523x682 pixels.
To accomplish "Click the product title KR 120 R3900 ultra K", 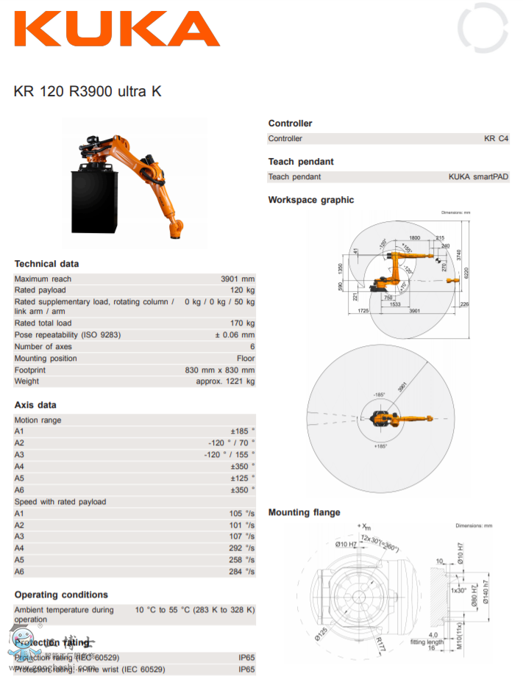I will pos(88,92).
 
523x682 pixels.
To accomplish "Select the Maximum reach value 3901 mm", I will pos(237,279).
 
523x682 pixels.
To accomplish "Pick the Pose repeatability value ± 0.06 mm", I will pos(234,335).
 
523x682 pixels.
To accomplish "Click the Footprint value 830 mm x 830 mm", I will pos(219,370).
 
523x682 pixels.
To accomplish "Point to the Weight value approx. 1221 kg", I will pos(225,381).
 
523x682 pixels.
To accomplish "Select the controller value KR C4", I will pos(496,139).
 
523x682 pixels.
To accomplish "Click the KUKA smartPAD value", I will pos(478,177).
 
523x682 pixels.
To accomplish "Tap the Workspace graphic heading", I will pos(310,200).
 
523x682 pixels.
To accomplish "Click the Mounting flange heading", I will pos(304,512).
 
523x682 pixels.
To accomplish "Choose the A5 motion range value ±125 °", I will pos(242,478).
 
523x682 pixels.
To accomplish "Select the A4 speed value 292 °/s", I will pos(242,548).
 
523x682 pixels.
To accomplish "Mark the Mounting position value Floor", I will pos(245,359).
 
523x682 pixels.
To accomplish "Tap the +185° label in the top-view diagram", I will pos(380,446).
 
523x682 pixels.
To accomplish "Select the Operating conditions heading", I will pos(61,595).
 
